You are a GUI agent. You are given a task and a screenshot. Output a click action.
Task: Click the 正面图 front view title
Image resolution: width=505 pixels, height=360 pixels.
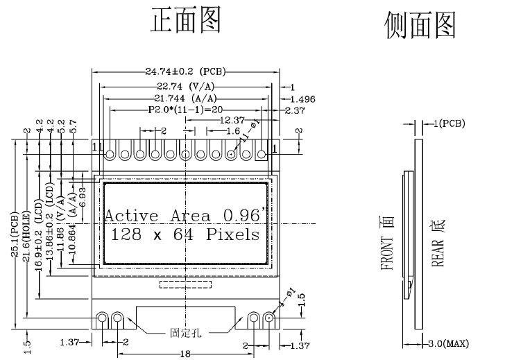186,20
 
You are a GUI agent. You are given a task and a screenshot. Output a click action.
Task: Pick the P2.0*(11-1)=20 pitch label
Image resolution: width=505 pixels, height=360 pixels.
185,110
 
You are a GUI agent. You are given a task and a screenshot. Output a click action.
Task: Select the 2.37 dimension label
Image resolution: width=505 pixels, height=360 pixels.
294,110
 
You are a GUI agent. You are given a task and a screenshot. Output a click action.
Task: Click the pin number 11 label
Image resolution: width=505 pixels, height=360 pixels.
97,147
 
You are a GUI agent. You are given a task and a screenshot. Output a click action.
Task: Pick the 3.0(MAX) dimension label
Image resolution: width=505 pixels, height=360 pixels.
449,343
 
